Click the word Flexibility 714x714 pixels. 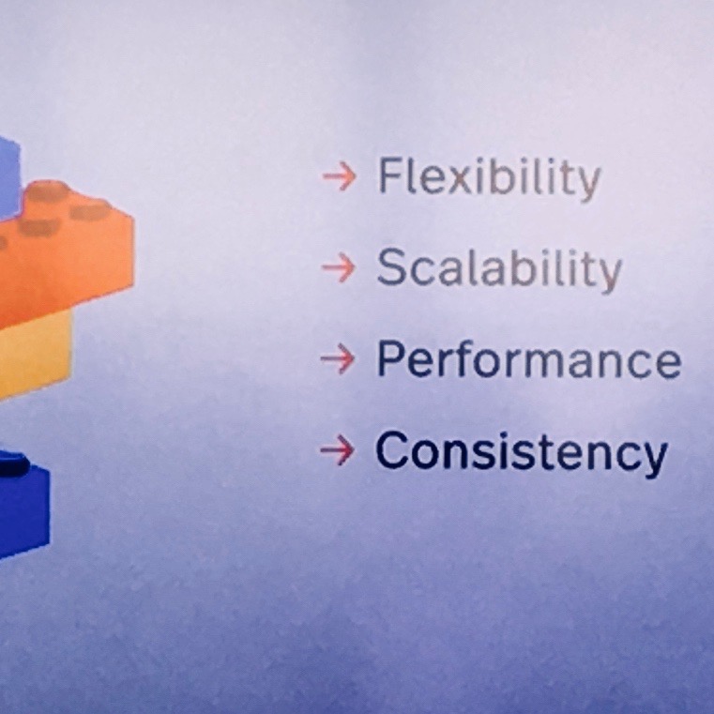(490, 178)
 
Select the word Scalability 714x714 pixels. (499, 269)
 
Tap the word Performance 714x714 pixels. (528, 359)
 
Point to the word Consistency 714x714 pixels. (521, 452)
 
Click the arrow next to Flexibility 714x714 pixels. (340, 176)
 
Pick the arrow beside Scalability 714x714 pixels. (339, 267)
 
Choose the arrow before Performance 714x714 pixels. (338, 358)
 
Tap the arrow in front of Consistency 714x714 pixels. (337, 450)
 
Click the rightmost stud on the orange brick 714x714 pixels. (91, 210)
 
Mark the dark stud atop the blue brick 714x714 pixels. (14, 463)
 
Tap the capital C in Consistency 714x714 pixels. (391, 450)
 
